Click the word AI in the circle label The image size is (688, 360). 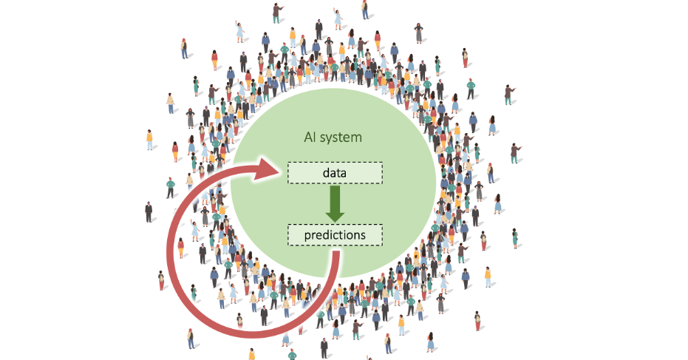(x=311, y=137)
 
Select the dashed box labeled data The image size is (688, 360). (x=335, y=172)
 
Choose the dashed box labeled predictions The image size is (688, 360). (x=335, y=235)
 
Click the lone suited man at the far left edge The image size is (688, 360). (x=149, y=211)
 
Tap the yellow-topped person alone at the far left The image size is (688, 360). (x=149, y=139)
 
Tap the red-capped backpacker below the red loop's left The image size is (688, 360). (x=191, y=339)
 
